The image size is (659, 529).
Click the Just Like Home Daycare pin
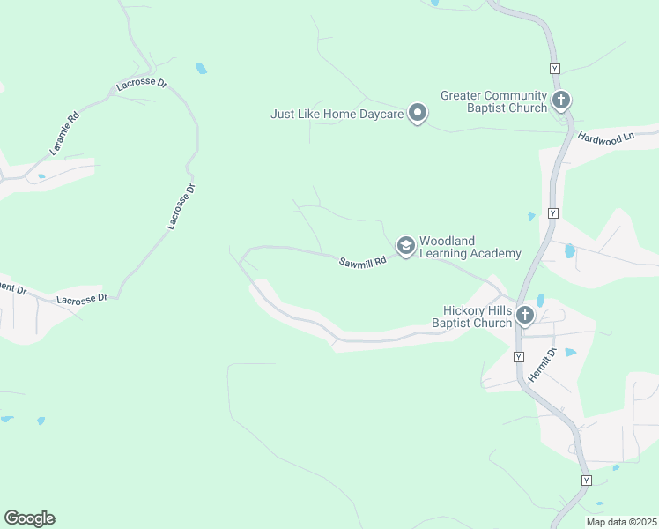click(418, 113)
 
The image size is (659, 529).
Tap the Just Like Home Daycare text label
click(337, 114)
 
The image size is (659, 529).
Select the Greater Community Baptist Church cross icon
click(561, 100)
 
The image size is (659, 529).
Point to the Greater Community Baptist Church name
click(493, 101)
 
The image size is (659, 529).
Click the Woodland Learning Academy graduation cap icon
click(405, 245)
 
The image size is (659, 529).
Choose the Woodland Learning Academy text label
click(470, 247)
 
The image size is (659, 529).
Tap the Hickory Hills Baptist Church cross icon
click(525, 315)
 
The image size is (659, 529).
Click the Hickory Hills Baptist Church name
click(471, 317)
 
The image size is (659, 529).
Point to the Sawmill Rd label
click(363, 262)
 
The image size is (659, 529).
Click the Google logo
click(29, 518)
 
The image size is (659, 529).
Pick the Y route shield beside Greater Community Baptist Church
click(553, 69)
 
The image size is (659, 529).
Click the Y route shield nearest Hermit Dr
click(518, 357)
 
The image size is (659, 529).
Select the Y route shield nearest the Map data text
click(586, 480)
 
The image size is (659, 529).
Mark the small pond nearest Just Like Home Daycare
click(201, 68)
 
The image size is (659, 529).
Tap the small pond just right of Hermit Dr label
click(569, 353)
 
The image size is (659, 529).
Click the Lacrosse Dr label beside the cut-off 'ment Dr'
click(81, 299)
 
